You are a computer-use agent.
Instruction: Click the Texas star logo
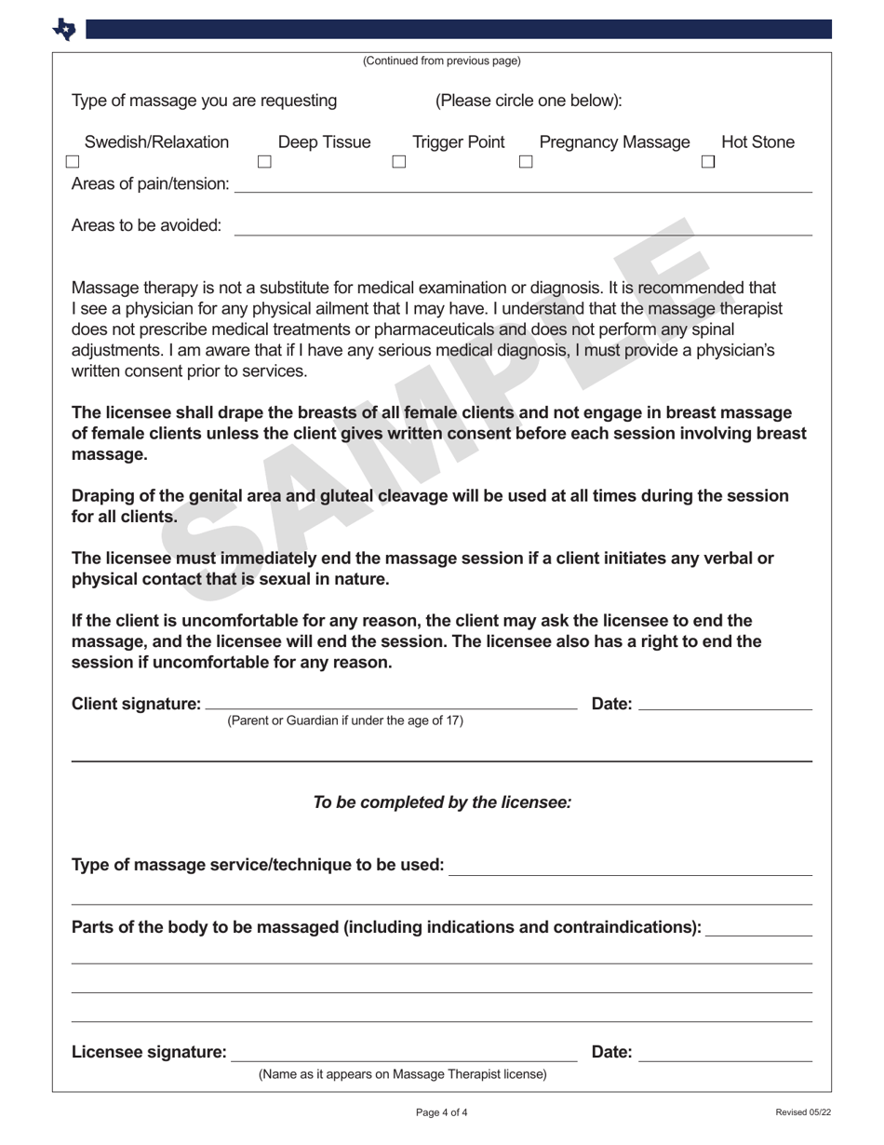[64, 30]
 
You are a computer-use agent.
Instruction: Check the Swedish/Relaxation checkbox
[73, 162]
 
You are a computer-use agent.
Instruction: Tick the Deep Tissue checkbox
[264, 162]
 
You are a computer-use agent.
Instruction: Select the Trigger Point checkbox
[399, 162]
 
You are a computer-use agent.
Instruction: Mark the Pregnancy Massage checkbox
[526, 162]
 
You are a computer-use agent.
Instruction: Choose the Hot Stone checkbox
[708, 162]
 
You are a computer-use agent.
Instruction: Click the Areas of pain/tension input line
[523, 186]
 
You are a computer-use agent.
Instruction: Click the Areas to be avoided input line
[523, 228]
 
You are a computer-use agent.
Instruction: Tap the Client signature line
[391, 704]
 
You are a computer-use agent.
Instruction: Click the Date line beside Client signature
[726, 704]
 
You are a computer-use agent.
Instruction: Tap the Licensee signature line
[404, 1053]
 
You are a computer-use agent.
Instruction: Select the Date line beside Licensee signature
[726, 1053]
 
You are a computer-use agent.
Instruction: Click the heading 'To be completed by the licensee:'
[442, 802]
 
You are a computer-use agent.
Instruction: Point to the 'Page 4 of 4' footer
[442, 1112]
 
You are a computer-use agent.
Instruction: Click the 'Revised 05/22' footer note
[803, 1112]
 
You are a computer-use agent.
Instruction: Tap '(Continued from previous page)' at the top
[442, 61]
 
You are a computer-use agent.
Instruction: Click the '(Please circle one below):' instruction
[529, 101]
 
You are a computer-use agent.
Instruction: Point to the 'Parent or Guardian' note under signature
[345, 721]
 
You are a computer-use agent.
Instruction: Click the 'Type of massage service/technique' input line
[630, 869]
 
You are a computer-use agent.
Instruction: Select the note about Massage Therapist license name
[403, 1074]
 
